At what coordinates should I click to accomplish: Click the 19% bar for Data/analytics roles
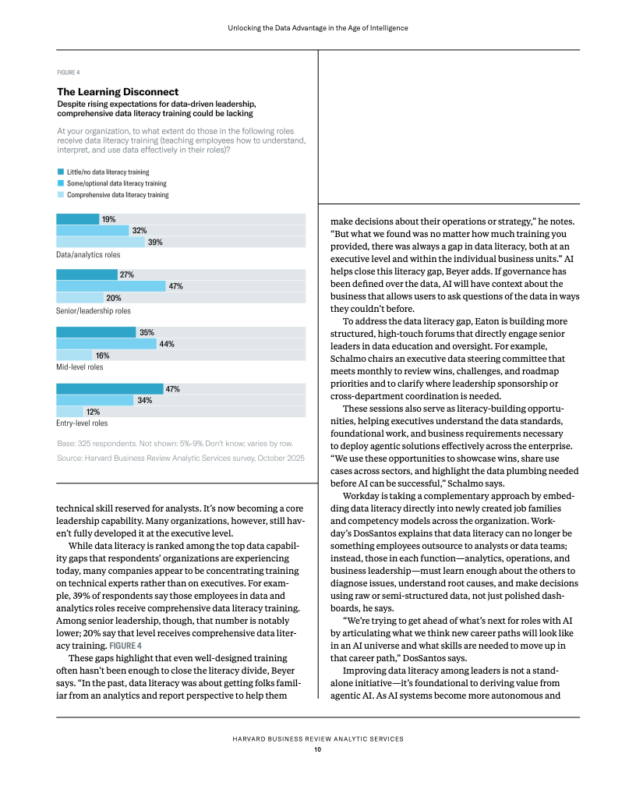point(78,219)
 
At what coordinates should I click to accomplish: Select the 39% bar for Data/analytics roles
point(101,242)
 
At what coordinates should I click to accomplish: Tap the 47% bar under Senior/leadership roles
point(111,286)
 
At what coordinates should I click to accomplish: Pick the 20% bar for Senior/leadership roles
point(79,298)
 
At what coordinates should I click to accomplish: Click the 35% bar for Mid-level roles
point(96,332)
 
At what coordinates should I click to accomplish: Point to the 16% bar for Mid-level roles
point(74,356)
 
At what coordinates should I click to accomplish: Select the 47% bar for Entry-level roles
point(110,389)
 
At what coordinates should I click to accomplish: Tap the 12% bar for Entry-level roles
point(69,412)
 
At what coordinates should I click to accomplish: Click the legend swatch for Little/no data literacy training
point(61,172)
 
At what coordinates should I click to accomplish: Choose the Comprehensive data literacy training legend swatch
point(61,194)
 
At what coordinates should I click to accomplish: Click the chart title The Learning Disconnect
point(118,92)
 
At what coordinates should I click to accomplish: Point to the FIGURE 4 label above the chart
point(68,73)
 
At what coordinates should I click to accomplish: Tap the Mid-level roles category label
point(79,367)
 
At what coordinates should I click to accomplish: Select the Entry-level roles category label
point(82,423)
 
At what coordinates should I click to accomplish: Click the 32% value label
point(140,231)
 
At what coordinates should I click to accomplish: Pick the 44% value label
point(167,344)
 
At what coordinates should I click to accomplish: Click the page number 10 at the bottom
point(318,749)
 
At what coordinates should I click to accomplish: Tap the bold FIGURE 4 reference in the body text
point(125,646)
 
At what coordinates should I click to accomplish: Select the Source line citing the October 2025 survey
point(181,458)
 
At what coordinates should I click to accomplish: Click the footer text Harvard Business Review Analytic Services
point(318,739)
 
